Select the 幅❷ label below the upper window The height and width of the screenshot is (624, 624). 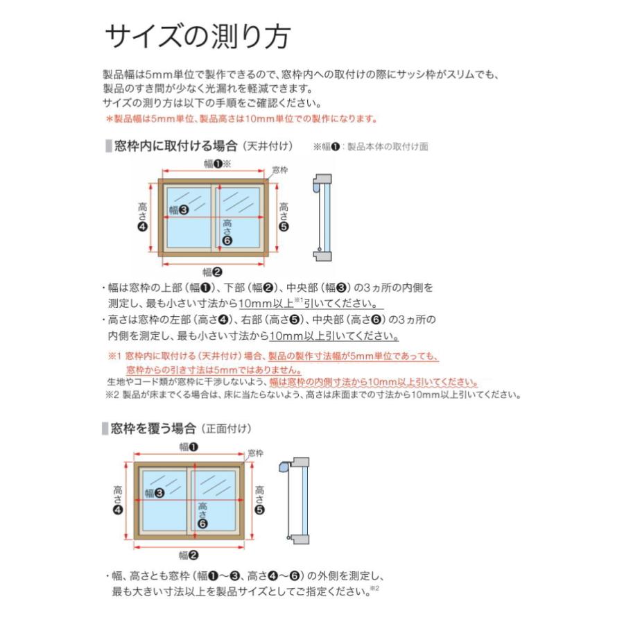point(212,272)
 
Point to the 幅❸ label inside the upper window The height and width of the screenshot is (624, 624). point(180,209)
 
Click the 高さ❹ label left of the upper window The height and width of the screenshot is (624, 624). point(142,216)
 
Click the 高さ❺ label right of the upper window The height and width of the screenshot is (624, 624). point(283,216)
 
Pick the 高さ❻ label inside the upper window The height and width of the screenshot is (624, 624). point(227,232)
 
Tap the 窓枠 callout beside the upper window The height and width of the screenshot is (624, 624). point(279,170)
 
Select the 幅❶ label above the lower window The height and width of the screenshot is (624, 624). point(189,447)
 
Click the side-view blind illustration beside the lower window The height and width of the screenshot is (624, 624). point(295,499)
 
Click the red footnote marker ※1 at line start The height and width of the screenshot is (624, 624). point(114,356)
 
